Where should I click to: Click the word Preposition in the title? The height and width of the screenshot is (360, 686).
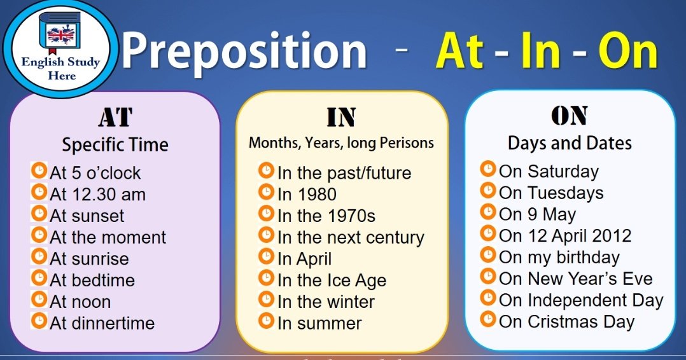coord(244,52)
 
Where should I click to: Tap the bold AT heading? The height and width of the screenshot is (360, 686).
coord(116,117)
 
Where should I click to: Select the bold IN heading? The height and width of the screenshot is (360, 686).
coord(341,117)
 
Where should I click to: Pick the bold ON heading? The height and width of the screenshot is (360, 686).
coord(569,116)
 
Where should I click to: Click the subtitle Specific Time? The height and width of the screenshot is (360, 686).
coord(115,145)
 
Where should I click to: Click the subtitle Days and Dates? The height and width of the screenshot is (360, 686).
coord(570,144)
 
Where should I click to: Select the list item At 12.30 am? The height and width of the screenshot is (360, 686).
coord(97,195)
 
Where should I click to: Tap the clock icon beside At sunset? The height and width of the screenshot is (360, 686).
coord(39,214)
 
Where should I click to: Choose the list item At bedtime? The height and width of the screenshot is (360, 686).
coord(92,280)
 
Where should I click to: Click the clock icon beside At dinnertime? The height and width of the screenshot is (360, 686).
coord(39,321)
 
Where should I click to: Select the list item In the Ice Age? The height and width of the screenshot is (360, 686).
coord(332,281)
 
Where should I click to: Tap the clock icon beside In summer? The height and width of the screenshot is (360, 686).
coord(266,321)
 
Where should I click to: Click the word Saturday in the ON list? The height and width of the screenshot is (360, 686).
coord(563,172)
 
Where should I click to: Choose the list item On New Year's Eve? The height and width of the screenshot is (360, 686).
coord(576,279)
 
